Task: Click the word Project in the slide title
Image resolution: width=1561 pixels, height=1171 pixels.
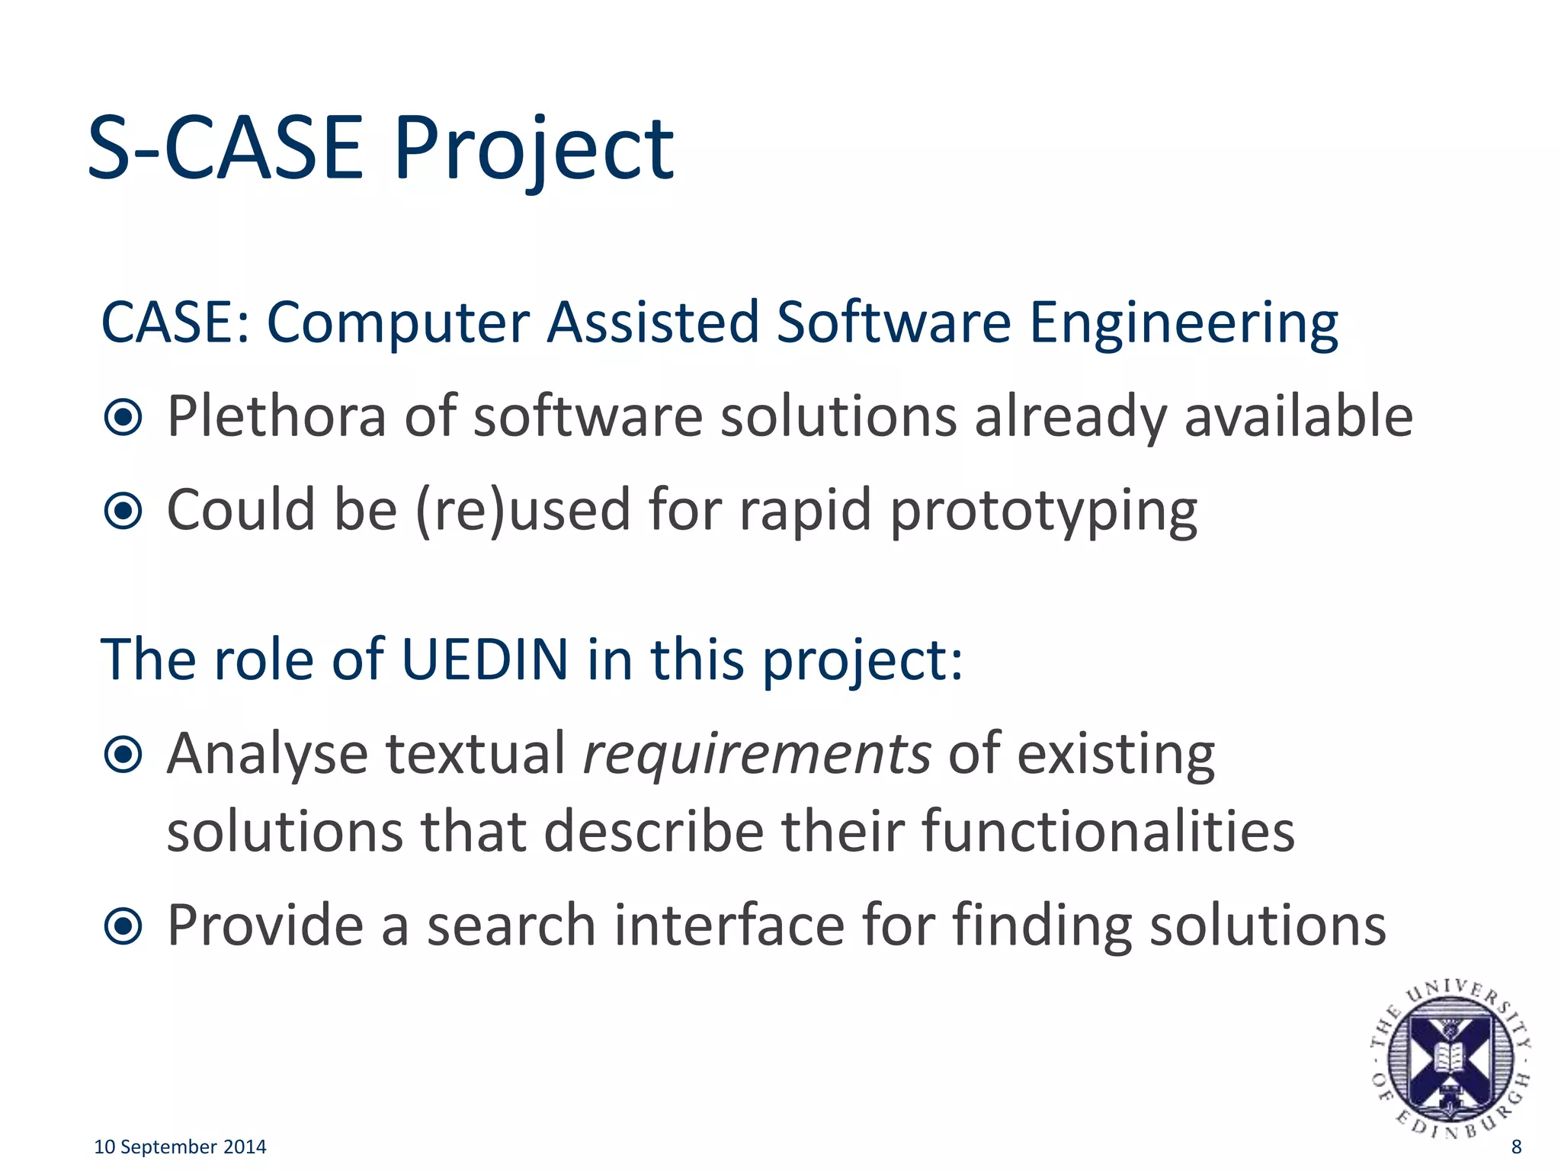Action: pos(534,149)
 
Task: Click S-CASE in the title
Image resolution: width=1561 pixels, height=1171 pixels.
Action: pos(226,149)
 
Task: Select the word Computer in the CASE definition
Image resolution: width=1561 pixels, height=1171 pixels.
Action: pos(397,322)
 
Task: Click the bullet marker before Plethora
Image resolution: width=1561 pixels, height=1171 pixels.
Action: pos(123,417)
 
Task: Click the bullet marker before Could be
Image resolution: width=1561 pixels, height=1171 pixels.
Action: pos(123,511)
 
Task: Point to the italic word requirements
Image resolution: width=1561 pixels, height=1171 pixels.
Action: pos(757,754)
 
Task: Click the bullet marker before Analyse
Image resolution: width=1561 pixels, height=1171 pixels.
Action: pos(123,755)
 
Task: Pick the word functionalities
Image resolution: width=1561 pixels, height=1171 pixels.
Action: pos(1108,831)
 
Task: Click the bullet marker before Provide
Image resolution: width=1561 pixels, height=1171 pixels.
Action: pos(123,926)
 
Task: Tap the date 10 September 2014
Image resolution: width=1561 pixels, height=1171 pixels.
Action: pos(180,1147)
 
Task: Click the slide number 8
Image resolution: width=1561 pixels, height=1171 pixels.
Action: pos(1516,1147)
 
